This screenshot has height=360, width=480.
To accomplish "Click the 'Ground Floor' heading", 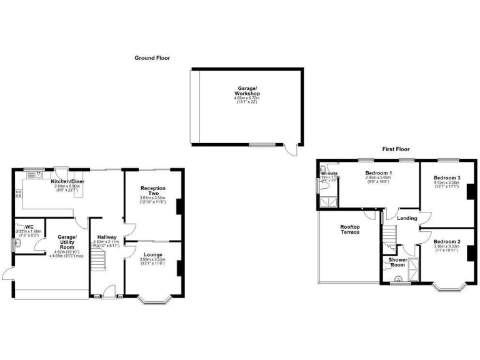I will (x=152, y=57).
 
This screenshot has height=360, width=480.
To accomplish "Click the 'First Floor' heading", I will (x=396, y=149).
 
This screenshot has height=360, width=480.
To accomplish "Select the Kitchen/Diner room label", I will (x=68, y=181).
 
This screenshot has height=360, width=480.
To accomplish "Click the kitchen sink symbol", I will (x=39, y=176).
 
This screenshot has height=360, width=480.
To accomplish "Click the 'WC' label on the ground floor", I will (x=29, y=226).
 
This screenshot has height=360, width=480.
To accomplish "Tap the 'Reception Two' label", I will (x=152, y=191).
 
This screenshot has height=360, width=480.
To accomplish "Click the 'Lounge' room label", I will (x=152, y=254).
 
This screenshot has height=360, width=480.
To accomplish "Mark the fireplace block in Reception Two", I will (x=179, y=206).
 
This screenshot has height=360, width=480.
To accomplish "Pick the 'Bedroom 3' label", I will (x=447, y=177).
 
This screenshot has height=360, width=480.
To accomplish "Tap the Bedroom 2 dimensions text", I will (x=446, y=248).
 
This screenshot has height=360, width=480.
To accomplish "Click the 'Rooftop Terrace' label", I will (x=349, y=229).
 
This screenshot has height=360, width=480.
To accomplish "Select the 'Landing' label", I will (x=407, y=218).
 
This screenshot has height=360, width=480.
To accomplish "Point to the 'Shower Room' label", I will (x=397, y=262).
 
